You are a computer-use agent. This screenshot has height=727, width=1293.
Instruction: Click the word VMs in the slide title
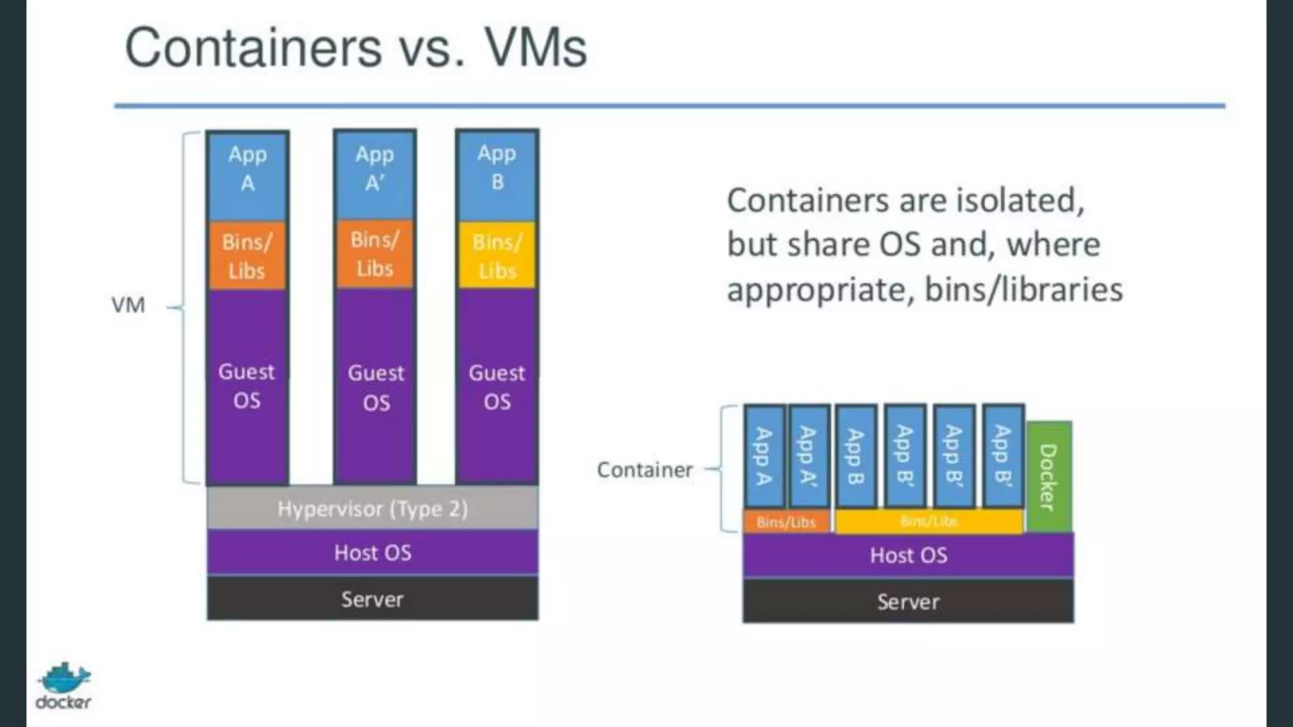click(x=535, y=48)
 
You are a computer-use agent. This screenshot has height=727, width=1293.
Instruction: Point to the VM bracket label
click(x=128, y=305)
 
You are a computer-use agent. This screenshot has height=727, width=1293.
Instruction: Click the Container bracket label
click(x=645, y=470)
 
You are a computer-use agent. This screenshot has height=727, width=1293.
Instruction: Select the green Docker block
click(x=1049, y=476)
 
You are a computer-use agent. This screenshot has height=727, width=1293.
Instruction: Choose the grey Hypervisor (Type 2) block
click(x=372, y=509)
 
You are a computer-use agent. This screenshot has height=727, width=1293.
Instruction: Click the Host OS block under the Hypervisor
click(x=372, y=553)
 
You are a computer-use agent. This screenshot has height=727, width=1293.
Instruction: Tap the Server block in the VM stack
click(x=372, y=599)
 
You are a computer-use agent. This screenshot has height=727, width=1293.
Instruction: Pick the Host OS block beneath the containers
click(x=908, y=555)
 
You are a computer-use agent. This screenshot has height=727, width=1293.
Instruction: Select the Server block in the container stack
click(x=908, y=602)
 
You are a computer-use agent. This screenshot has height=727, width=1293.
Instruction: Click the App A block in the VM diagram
click(x=247, y=175)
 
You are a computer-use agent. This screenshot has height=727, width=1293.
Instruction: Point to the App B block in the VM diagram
click(x=497, y=175)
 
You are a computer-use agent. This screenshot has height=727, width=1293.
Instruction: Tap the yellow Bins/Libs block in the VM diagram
click(x=497, y=256)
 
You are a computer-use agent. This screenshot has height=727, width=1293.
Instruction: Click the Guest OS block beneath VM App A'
click(x=376, y=387)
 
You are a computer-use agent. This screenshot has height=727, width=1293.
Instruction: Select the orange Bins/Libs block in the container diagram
click(x=786, y=522)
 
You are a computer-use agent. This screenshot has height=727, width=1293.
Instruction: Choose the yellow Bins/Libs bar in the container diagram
click(x=929, y=522)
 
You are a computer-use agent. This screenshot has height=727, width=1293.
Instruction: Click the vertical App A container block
click(x=764, y=456)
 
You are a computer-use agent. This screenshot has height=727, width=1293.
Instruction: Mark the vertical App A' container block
click(x=809, y=456)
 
